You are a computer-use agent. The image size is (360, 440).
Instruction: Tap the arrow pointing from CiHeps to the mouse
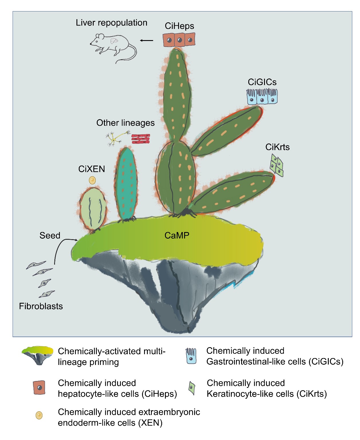[146, 40]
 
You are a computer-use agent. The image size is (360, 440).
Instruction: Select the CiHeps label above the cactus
[179, 26]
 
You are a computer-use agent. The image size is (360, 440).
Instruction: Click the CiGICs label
[262, 82]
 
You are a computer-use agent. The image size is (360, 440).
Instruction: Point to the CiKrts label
[278, 147]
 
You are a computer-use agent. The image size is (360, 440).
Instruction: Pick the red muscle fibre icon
[141, 139]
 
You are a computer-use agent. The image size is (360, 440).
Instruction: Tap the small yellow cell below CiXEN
[92, 180]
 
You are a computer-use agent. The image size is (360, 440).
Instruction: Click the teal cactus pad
[126, 184]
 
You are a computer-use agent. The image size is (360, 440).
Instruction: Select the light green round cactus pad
[93, 209]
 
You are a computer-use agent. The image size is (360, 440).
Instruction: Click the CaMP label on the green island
[177, 235]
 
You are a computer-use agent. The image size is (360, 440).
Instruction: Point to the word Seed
[50, 235]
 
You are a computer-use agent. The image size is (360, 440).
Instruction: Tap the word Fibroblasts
[41, 306]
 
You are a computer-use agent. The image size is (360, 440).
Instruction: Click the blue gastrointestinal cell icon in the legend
[191, 356]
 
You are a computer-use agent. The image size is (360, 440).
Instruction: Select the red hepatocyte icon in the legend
[39, 387]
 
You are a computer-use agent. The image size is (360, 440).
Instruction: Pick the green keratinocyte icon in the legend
[192, 388]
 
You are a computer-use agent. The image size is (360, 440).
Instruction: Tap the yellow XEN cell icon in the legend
[39, 415]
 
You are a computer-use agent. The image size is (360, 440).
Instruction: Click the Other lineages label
[125, 123]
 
